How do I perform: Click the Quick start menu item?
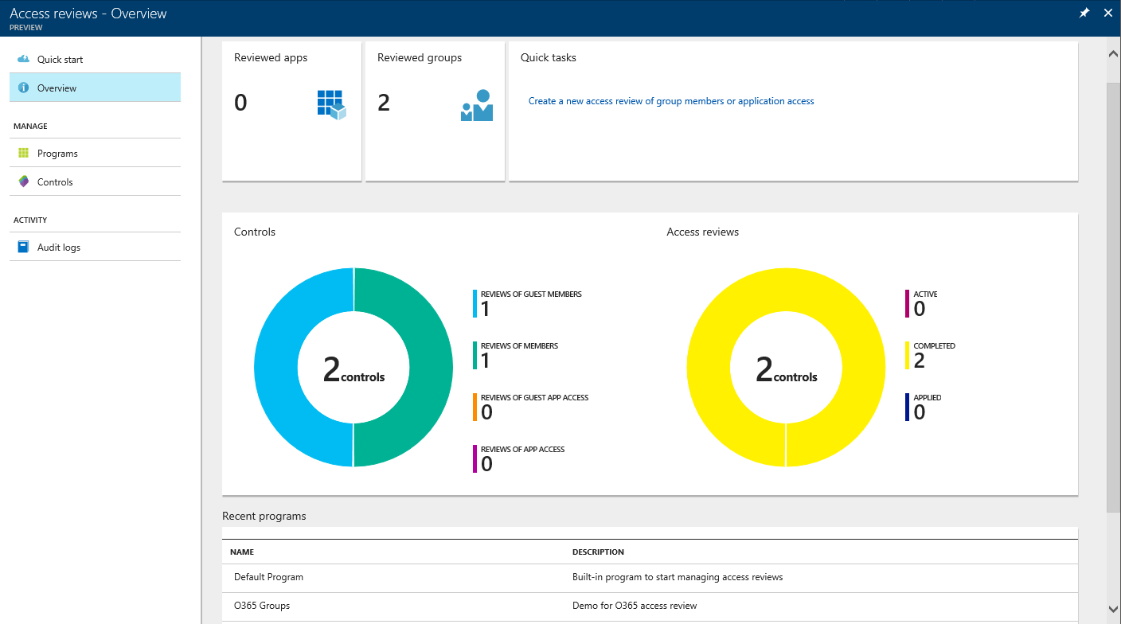coord(60,60)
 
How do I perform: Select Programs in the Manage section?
coord(57,154)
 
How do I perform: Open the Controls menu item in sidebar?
coord(55,182)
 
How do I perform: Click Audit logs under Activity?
coord(59,248)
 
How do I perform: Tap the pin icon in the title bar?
coord(1084,14)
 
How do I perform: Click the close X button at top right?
coord(1107,14)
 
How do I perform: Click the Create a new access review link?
coord(671,101)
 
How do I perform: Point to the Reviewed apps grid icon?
coord(331,104)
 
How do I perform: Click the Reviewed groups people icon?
coord(477,105)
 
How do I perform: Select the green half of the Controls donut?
coord(430,368)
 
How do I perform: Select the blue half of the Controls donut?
coord(276,368)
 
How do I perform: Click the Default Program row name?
coord(268,577)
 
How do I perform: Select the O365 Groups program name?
coord(262,606)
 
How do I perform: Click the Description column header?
coord(598,552)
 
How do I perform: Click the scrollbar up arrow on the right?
coord(1113,53)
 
